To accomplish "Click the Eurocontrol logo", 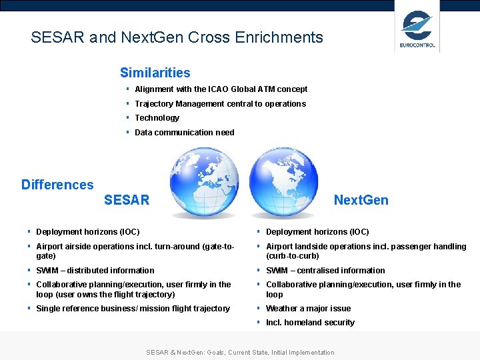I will [x=417, y=27].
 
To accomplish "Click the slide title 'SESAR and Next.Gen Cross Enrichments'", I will [x=177, y=37].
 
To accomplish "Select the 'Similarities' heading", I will [x=155, y=73].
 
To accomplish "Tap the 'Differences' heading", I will [x=57, y=185].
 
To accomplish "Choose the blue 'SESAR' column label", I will [x=127, y=200].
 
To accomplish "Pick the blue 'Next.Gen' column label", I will [x=361, y=200].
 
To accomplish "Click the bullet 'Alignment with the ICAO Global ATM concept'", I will [x=221, y=89].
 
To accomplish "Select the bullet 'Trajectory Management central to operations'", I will [x=220, y=103].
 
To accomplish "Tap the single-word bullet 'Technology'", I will [x=157, y=118].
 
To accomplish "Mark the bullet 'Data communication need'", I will [x=184, y=132].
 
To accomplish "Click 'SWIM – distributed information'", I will [x=95, y=270].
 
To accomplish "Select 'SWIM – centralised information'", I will [x=325, y=270].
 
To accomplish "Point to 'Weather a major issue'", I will [x=308, y=308].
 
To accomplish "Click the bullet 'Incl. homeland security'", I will [x=310, y=323].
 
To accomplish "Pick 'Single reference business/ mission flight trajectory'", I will [x=133, y=308].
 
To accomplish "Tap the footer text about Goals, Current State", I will [x=240, y=352].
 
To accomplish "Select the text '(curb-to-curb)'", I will [x=293, y=256].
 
